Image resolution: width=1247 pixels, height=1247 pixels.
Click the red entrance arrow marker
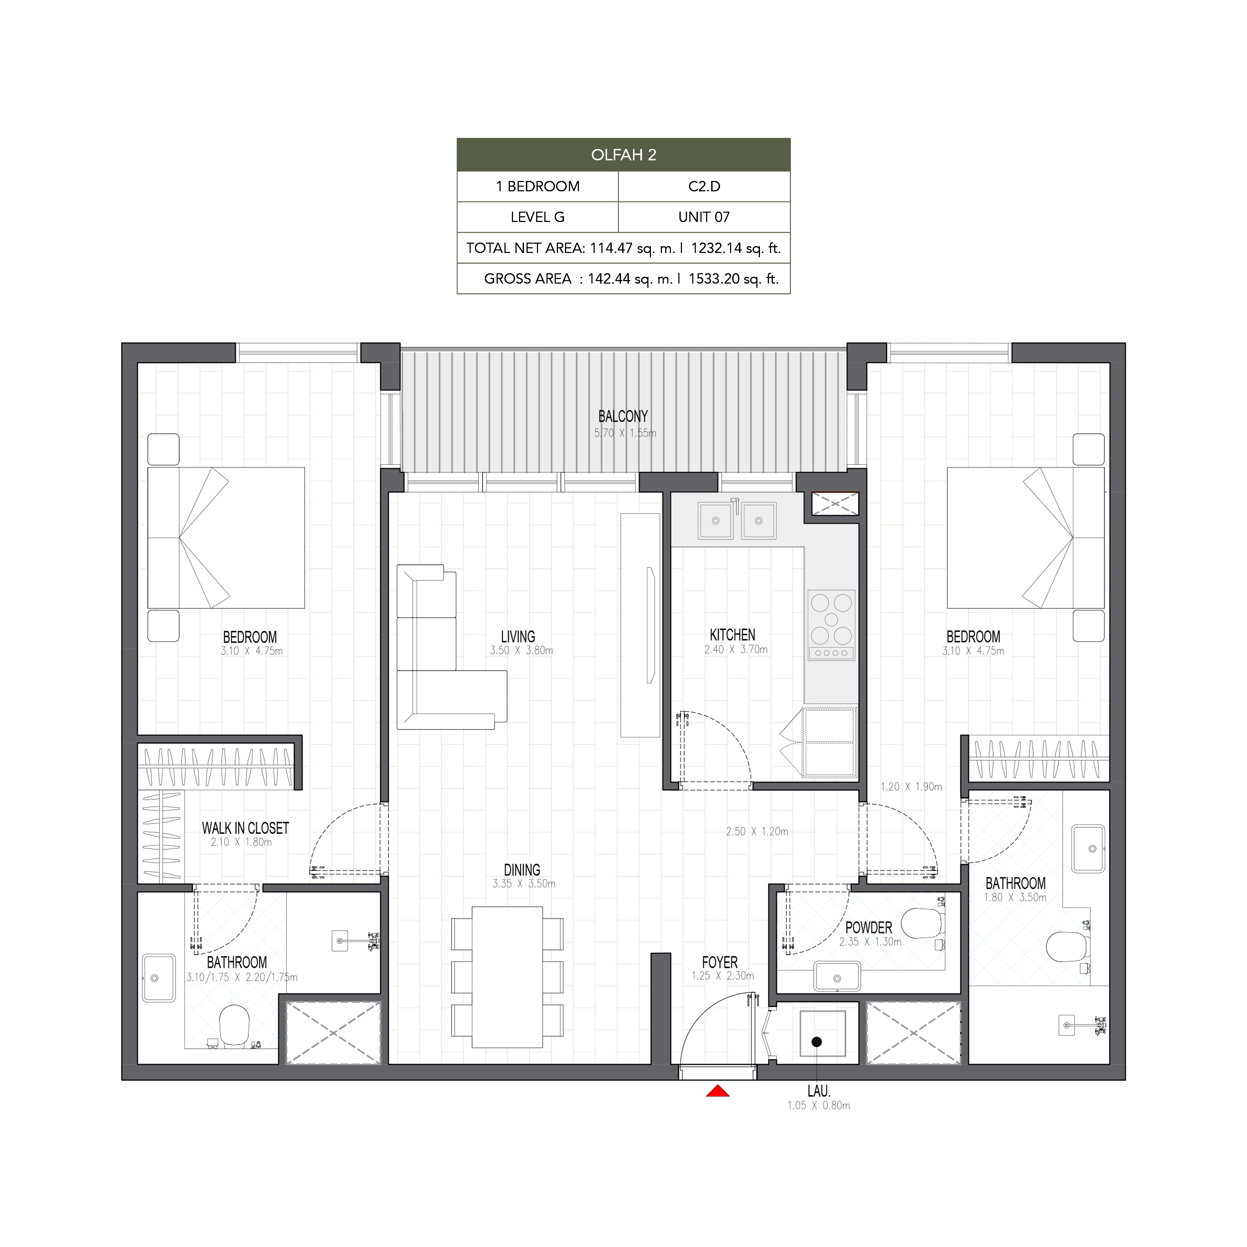(717, 1091)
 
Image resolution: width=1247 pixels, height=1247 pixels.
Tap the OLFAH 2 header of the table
(623, 155)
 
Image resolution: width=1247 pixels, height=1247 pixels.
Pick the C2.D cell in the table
(704, 187)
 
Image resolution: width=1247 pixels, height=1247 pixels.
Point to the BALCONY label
(623, 416)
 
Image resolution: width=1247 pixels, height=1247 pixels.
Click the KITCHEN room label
(733, 635)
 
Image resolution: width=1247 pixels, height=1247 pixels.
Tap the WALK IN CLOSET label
(245, 828)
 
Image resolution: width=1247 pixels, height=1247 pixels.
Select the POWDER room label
(869, 927)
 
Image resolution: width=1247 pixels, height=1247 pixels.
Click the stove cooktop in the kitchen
(831, 625)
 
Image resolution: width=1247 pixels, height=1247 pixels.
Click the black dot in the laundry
(817, 1042)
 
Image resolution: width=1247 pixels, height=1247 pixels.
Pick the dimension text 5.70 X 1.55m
(625, 433)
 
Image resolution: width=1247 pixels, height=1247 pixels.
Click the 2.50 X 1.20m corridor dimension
(757, 831)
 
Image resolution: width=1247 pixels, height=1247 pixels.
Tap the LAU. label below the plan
(818, 1091)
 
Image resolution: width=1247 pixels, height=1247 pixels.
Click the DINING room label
(522, 869)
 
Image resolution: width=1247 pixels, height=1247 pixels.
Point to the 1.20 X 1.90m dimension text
(911, 787)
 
